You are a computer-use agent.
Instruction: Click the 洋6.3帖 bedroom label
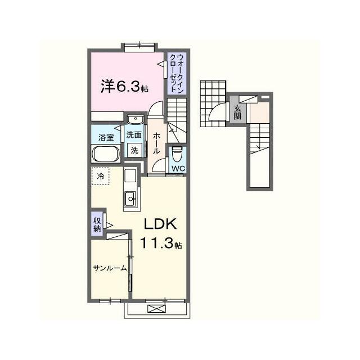click(x=124, y=87)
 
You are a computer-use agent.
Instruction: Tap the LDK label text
click(x=160, y=224)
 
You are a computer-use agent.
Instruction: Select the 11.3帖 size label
click(x=161, y=243)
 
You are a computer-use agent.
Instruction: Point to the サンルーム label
click(x=110, y=268)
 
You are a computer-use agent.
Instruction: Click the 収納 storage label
click(x=97, y=224)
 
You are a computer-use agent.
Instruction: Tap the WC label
click(x=178, y=168)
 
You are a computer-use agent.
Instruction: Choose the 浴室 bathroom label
click(x=106, y=137)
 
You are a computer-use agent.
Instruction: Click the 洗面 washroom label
click(x=134, y=135)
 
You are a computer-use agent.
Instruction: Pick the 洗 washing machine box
click(x=135, y=150)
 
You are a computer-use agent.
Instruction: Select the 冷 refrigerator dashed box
click(x=100, y=176)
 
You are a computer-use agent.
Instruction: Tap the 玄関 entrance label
click(x=237, y=112)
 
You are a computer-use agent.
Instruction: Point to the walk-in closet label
click(x=177, y=73)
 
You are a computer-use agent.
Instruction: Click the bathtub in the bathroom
click(x=106, y=154)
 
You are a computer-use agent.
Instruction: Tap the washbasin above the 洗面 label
click(x=136, y=119)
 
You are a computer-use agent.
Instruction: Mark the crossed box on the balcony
click(x=156, y=309)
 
